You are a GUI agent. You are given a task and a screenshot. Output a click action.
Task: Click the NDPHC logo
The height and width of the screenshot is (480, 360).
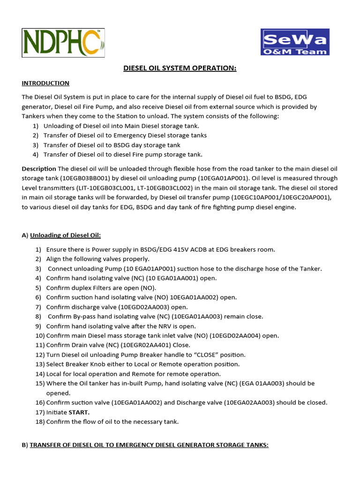(63, 43)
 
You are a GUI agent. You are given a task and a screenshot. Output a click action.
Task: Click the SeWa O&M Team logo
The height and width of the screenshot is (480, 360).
(295, 42)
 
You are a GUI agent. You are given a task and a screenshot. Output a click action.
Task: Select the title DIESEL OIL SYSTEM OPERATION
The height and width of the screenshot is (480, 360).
(180, 68)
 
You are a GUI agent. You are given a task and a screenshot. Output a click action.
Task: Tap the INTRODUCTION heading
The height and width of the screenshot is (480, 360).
(45, 83)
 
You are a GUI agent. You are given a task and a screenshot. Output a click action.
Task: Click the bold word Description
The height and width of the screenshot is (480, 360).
(39, 168)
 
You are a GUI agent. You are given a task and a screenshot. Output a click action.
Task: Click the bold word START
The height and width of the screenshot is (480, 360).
(79, 412)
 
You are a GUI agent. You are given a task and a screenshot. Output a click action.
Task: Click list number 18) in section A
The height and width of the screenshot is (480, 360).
(39, 421)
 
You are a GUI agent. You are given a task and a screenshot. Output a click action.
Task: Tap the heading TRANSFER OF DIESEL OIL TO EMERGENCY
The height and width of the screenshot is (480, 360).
(149, 445)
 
